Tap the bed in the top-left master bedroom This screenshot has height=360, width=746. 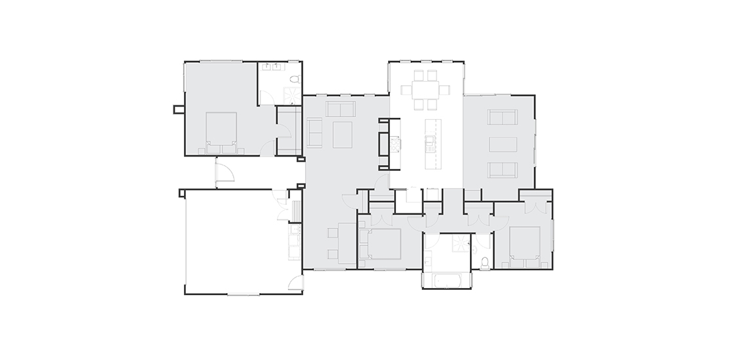[221, 129]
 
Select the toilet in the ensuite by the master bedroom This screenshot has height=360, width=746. [294, 79]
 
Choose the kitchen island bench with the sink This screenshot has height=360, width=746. [431, 143]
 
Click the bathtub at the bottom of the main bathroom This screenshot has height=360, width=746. [447, 280]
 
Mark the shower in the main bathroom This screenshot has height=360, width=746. [463, 244]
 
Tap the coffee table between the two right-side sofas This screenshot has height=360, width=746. [503, 144]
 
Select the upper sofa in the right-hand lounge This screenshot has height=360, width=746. [503, 117]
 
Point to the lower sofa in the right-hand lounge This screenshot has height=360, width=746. [503, 170]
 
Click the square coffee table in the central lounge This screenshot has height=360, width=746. [342, 134]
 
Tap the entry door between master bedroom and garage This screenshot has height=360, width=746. [224, 172]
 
